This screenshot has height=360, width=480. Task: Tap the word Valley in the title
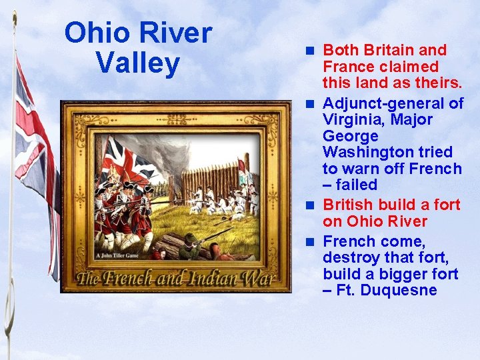tap(137, 64)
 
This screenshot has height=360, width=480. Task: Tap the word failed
tap(356, 185)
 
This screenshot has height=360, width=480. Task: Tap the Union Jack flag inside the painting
tap(131, 160)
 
